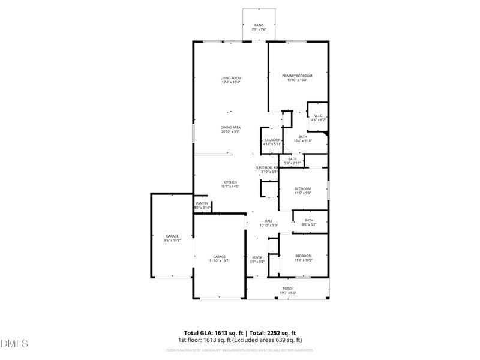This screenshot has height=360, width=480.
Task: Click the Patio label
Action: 258,26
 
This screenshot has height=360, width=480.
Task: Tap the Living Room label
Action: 230,78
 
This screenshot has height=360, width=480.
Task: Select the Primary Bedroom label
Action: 298,76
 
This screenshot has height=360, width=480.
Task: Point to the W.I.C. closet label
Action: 318,116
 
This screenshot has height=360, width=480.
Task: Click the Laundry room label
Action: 271,140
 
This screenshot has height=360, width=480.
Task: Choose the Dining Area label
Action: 230,127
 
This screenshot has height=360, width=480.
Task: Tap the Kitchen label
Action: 230,182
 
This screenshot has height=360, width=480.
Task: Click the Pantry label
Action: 202,204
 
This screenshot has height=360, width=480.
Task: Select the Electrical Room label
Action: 266,167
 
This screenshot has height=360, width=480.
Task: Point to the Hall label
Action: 269,221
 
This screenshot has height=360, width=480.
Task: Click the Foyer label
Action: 257,257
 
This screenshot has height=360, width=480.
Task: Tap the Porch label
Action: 289,289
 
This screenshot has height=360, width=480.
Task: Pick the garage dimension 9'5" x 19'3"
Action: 172,240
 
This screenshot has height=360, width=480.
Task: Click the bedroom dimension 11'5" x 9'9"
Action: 303,193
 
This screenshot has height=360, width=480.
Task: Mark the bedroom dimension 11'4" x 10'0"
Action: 303,260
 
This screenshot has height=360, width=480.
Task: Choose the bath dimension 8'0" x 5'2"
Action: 309,224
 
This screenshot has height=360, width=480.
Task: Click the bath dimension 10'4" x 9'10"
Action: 303,140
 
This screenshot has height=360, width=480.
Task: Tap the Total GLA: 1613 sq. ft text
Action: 213,332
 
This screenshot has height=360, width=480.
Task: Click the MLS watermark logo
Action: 14,343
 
